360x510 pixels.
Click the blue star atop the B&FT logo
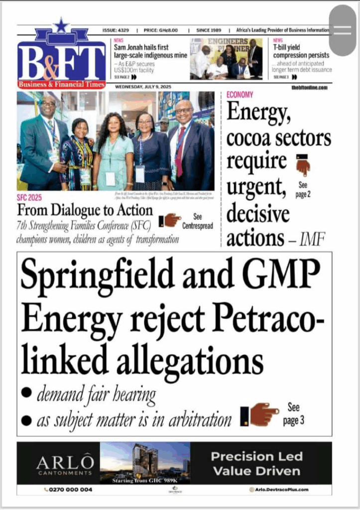60,25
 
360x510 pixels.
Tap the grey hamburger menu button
342,30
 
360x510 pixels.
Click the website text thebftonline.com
309,87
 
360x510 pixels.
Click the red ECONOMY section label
240,95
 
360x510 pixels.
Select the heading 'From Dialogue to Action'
85,209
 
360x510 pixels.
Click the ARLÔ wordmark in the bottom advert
64,462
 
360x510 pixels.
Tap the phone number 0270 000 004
70,490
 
